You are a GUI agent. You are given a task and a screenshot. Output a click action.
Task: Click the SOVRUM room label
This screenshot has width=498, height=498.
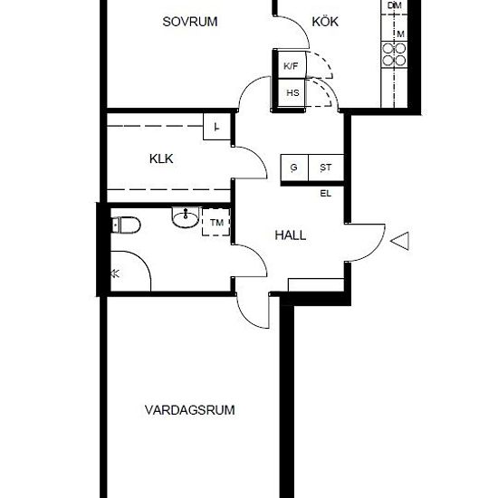coord(190,22)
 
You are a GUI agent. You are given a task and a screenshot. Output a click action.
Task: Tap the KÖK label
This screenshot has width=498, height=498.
coord(325,21)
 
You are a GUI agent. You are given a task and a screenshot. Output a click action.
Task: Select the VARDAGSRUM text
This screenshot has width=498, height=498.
coord(189,410)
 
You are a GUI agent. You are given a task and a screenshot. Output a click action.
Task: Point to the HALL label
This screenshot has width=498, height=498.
coord(291,235)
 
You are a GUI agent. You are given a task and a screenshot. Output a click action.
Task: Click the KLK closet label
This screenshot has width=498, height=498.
coord(161,158)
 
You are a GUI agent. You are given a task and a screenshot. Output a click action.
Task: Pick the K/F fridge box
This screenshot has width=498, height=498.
coord(292,65)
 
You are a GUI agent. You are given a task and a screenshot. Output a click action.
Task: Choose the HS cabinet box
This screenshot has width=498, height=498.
coord(292,93)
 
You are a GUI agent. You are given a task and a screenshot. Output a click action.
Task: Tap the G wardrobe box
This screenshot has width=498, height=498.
coord(294,168)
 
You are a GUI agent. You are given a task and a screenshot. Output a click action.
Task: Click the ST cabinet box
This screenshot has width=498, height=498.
coord(326,168)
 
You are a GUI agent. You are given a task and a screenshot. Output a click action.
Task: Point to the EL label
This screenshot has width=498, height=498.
coord(326,194)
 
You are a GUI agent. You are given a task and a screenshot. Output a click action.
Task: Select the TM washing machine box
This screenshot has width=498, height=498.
coord(216,223)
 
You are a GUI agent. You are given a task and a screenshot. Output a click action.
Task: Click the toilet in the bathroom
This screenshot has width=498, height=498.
coord(126,225)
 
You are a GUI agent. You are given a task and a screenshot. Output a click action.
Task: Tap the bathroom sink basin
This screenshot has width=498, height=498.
coord(186,217)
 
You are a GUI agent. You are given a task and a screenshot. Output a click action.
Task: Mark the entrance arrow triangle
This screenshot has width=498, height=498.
coord(399,241)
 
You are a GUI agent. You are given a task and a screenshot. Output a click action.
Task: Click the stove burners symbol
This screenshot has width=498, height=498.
coord(394,54)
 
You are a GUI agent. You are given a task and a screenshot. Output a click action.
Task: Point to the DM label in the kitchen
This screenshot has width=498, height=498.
coord(395,5)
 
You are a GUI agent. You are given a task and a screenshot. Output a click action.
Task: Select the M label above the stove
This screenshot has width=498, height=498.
coord(400,34)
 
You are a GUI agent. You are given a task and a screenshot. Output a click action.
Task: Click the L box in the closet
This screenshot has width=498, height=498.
coord(216,127)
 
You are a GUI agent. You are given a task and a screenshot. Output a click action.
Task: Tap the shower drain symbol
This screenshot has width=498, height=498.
coord(115,273)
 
